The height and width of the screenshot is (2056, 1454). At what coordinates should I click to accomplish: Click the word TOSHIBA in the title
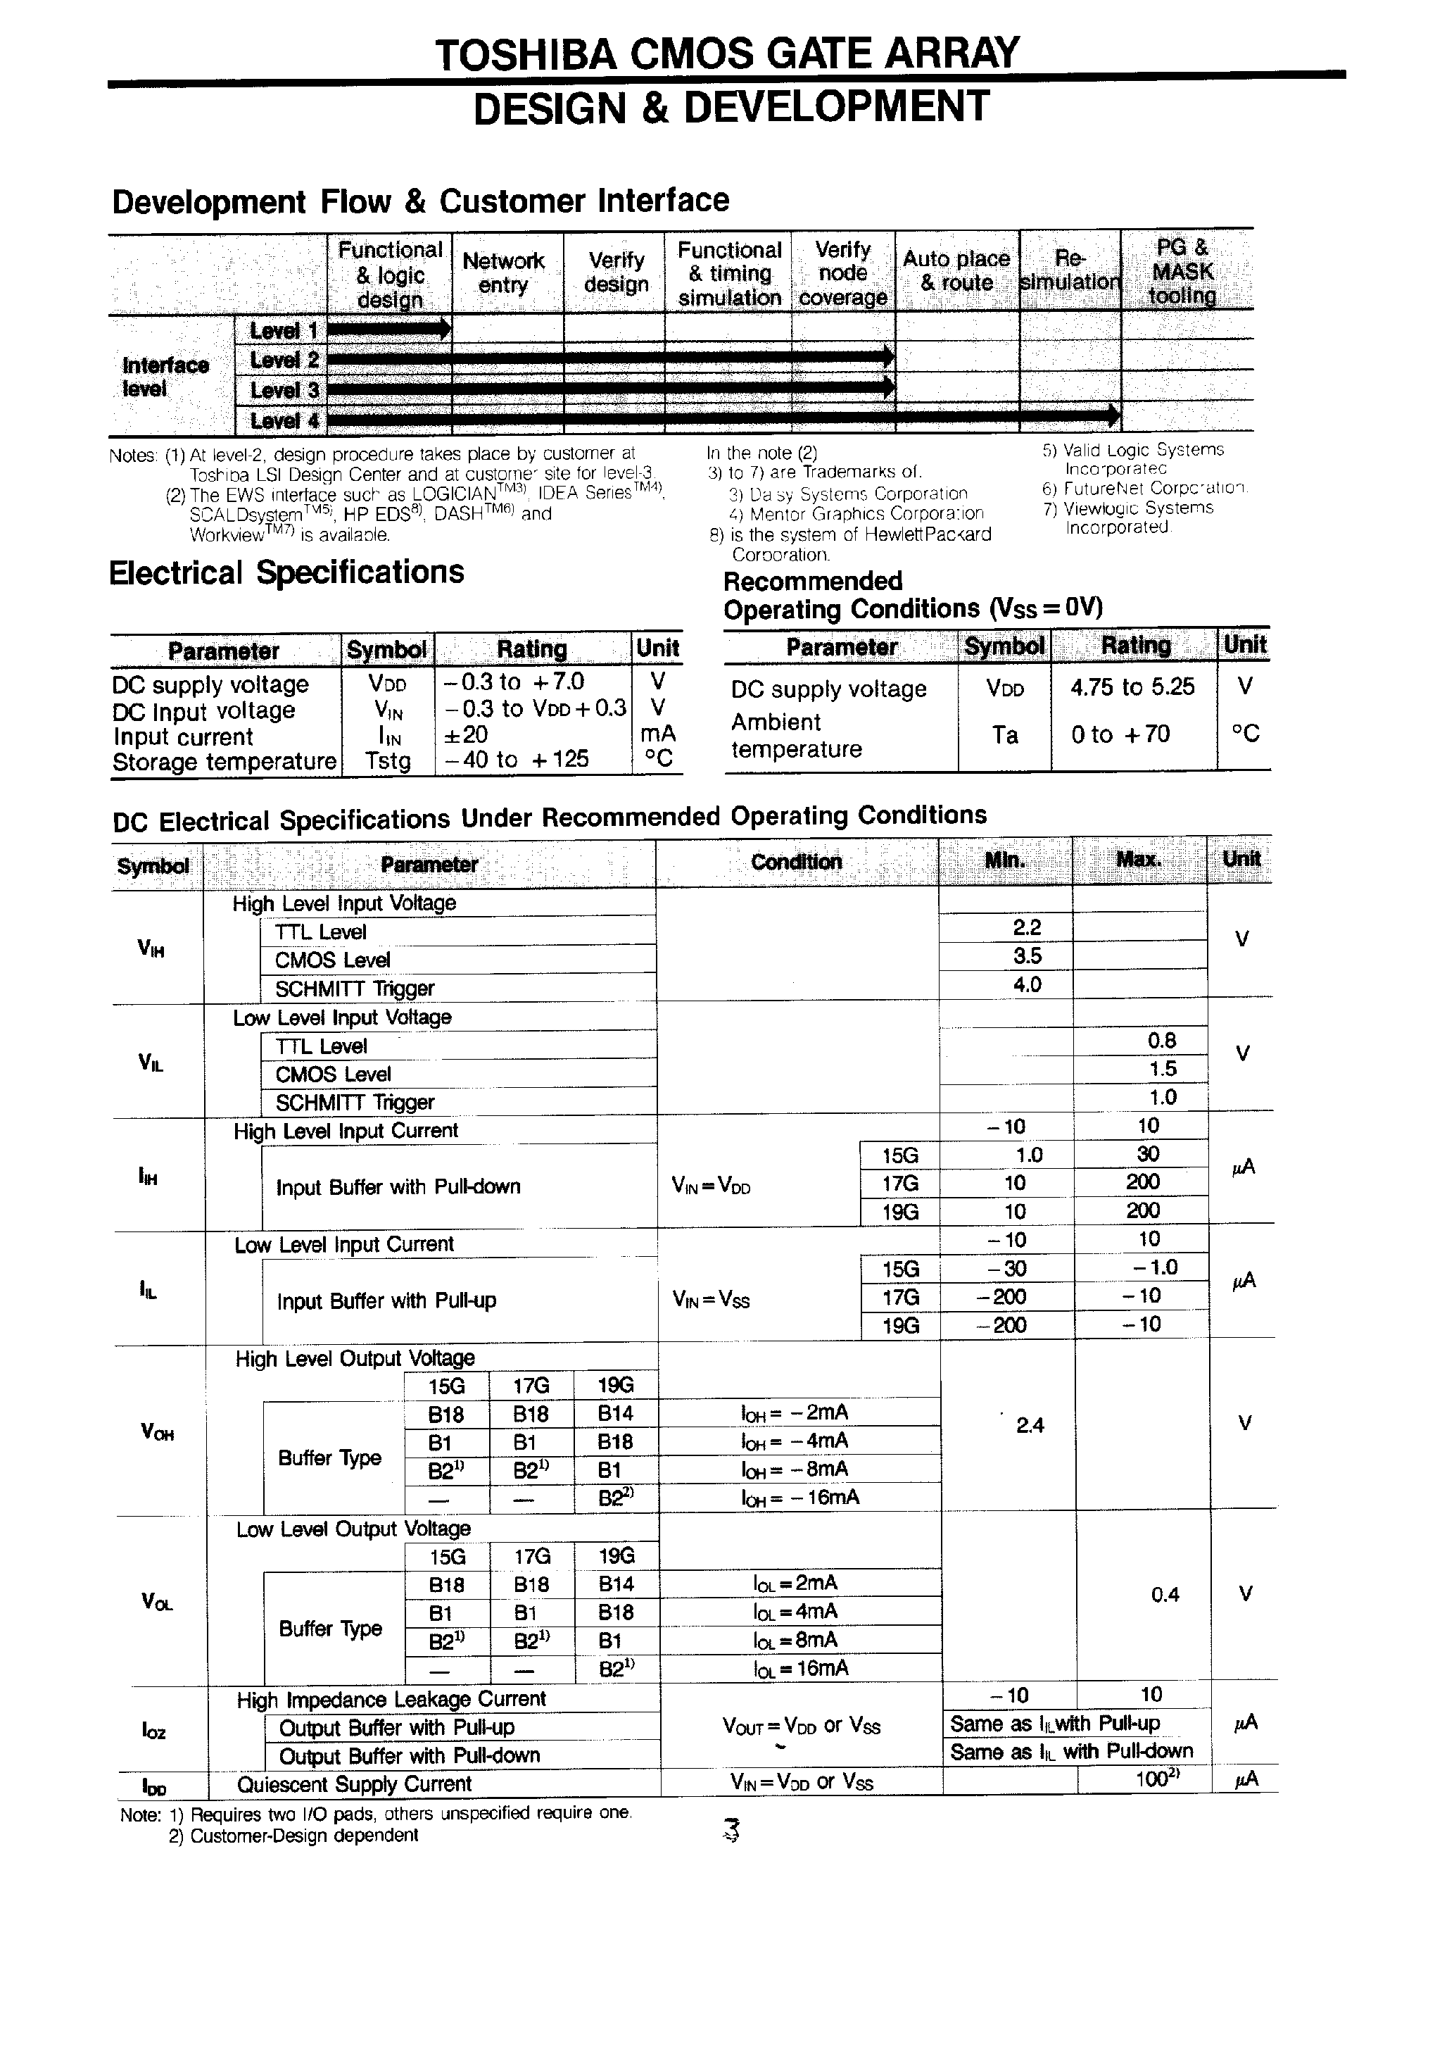(526, 55)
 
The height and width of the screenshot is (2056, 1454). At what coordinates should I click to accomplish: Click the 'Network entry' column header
(503, 272)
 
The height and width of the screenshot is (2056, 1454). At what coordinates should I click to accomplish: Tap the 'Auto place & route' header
(956, 270)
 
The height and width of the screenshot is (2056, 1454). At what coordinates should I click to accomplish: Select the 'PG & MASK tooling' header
(1182, 271)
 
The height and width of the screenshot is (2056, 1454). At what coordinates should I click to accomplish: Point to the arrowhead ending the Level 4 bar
(1113, 415)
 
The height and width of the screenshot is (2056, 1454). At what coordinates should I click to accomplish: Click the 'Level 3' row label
(284, 390)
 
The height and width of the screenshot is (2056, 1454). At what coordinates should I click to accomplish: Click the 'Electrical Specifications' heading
(286, 572)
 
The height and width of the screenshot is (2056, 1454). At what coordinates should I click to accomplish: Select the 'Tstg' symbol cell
(388, 761)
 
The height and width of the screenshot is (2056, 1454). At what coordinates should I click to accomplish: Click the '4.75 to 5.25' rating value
(1132, 687)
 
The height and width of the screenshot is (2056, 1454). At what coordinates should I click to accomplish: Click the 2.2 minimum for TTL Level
(1027, 928)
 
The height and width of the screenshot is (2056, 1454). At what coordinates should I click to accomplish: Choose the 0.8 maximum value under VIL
(1162, 1041)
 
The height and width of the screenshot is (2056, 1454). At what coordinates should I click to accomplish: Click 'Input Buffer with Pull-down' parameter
(398, 1187)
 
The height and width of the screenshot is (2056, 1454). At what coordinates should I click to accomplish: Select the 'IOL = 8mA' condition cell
(795, 1640)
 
